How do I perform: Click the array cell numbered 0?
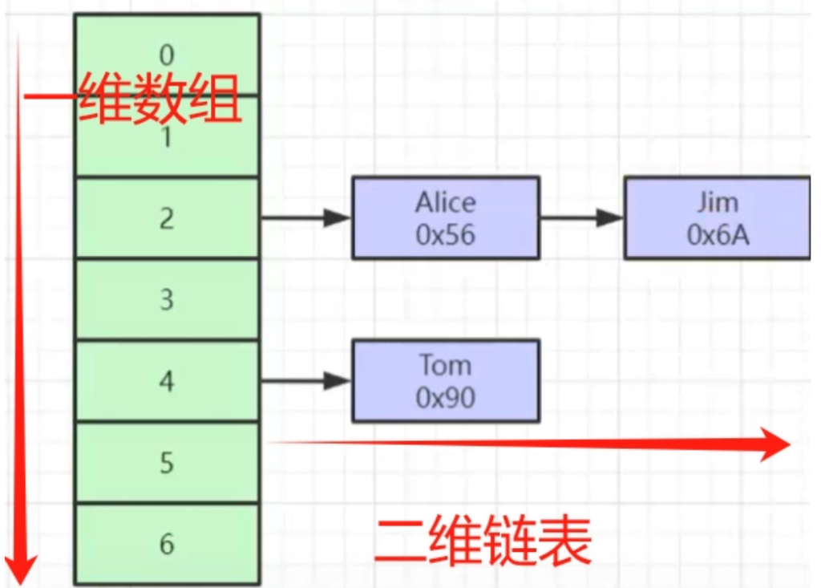167,55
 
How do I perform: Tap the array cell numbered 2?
167,218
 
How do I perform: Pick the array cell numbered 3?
167,300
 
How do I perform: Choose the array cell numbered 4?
167,382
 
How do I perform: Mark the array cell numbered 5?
167,464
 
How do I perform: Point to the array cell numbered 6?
167,544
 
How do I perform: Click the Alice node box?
445,218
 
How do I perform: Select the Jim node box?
718,218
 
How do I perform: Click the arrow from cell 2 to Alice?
305,217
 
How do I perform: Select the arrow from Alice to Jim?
581,217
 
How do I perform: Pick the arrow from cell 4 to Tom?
305,381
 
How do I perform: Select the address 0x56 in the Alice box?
445,234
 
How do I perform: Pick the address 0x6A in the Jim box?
718,234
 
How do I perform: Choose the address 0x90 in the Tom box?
445,397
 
